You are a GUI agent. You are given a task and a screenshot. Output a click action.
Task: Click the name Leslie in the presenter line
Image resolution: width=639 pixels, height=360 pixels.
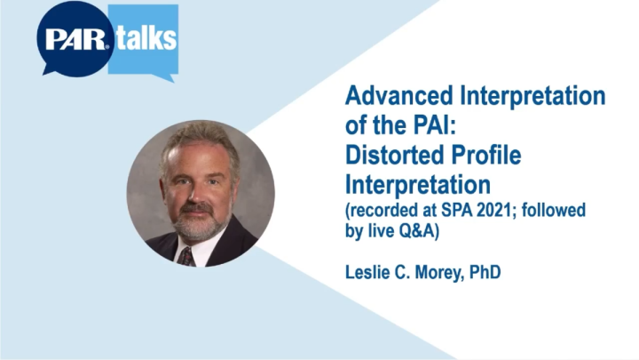(x=365, y=270)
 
